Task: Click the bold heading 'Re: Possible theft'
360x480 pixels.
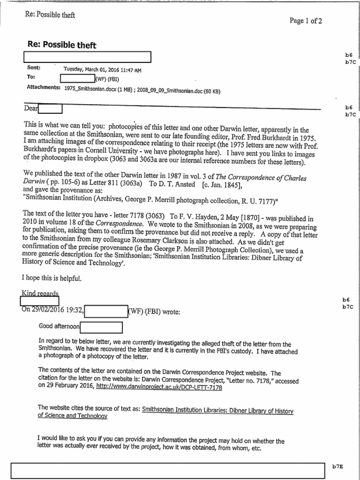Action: [62, 45]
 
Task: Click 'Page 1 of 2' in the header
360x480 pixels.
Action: [306, 21]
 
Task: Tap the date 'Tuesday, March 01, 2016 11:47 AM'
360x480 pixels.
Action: [102, 70]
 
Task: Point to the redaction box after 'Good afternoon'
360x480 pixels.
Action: [101, 327]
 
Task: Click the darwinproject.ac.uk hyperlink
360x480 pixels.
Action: [159, 388]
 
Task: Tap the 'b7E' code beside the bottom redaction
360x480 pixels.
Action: [337, 466]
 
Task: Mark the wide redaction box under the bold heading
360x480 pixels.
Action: [87, 57]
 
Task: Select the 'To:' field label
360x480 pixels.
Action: [31, 76]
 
